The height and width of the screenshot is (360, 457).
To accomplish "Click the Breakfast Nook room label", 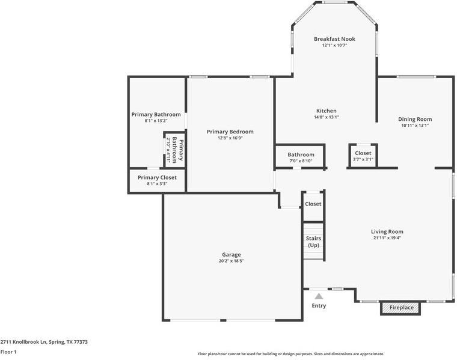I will (x=334, y=39).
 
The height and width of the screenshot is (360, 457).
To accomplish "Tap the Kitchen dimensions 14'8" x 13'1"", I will (x=327, y=118).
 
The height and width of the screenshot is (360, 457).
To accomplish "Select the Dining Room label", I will (x=415, y=119).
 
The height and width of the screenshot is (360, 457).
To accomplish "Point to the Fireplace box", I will (x=401, y=308).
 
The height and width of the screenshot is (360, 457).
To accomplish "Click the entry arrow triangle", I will (x=319, y=296).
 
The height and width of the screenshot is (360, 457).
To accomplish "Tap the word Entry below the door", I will (x=319, y=306).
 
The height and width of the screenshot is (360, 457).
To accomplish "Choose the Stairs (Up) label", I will (x=313, y=242).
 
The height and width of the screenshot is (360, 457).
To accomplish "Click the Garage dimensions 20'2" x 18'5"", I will (x=232, y=261).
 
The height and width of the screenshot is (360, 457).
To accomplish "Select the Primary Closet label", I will (x=157, y=177).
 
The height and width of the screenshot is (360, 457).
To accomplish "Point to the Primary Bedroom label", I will (x=230, y=132).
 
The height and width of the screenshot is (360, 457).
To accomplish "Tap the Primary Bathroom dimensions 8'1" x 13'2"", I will (x=156, y=121).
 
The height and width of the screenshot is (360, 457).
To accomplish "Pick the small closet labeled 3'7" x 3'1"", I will (x=363, y=156).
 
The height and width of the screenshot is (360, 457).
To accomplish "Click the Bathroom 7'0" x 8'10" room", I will (x=301, y=157).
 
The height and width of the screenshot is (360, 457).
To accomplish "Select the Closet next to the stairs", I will (x=313, y=204).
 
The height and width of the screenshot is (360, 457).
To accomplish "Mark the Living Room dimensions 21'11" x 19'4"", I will (x=387, y=238).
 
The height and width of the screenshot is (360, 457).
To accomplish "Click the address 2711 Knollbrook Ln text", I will (x=44, y=341).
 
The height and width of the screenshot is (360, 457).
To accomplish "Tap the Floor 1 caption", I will (x=8, y=352).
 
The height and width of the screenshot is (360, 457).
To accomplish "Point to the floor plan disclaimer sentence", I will (x=290, y=354).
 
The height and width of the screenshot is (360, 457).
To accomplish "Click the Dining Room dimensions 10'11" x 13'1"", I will (x=415, y=126).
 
